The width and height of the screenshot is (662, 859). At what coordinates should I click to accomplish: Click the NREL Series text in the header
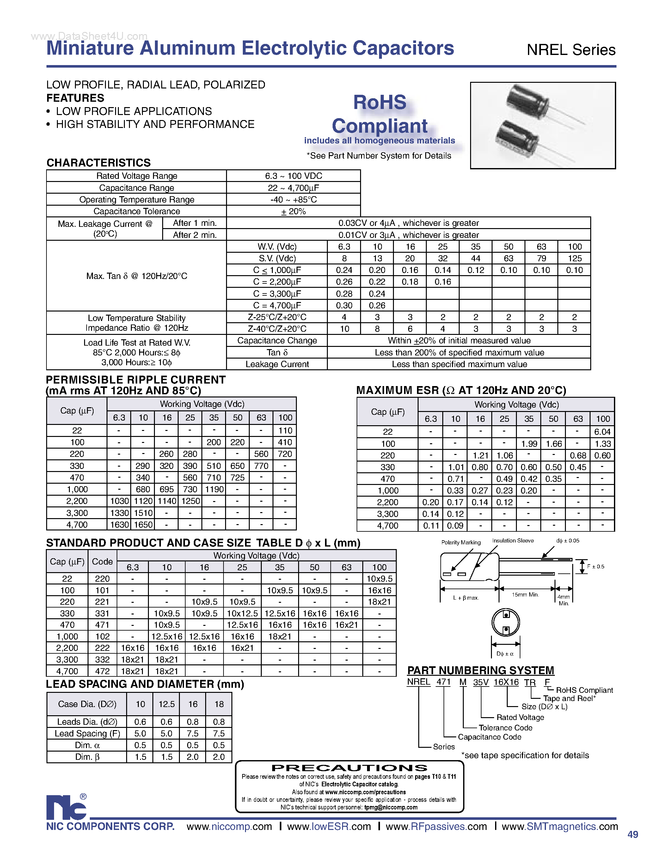[571, 50]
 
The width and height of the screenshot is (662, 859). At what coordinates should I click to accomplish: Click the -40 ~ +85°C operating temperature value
[293, 199]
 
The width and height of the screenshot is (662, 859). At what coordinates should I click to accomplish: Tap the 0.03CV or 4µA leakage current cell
[408, 223]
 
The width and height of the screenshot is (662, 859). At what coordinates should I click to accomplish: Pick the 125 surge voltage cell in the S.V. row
[574, 258]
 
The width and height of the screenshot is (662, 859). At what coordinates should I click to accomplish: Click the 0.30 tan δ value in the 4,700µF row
[344, 305]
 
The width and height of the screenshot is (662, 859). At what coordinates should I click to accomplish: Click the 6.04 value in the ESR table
[602, 432]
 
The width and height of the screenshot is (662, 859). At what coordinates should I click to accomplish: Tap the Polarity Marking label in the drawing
[461, 542]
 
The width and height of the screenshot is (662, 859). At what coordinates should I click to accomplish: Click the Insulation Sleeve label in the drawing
[513, 541]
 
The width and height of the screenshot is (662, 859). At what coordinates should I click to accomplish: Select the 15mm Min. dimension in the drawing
[525, 595]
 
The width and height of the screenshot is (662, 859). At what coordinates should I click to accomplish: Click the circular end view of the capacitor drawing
[506, 622]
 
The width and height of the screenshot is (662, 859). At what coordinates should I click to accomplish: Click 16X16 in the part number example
[506, 682]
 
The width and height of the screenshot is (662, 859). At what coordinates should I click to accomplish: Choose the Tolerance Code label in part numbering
[506, 728]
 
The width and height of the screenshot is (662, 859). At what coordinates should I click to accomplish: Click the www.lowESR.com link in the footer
[329, 827]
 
